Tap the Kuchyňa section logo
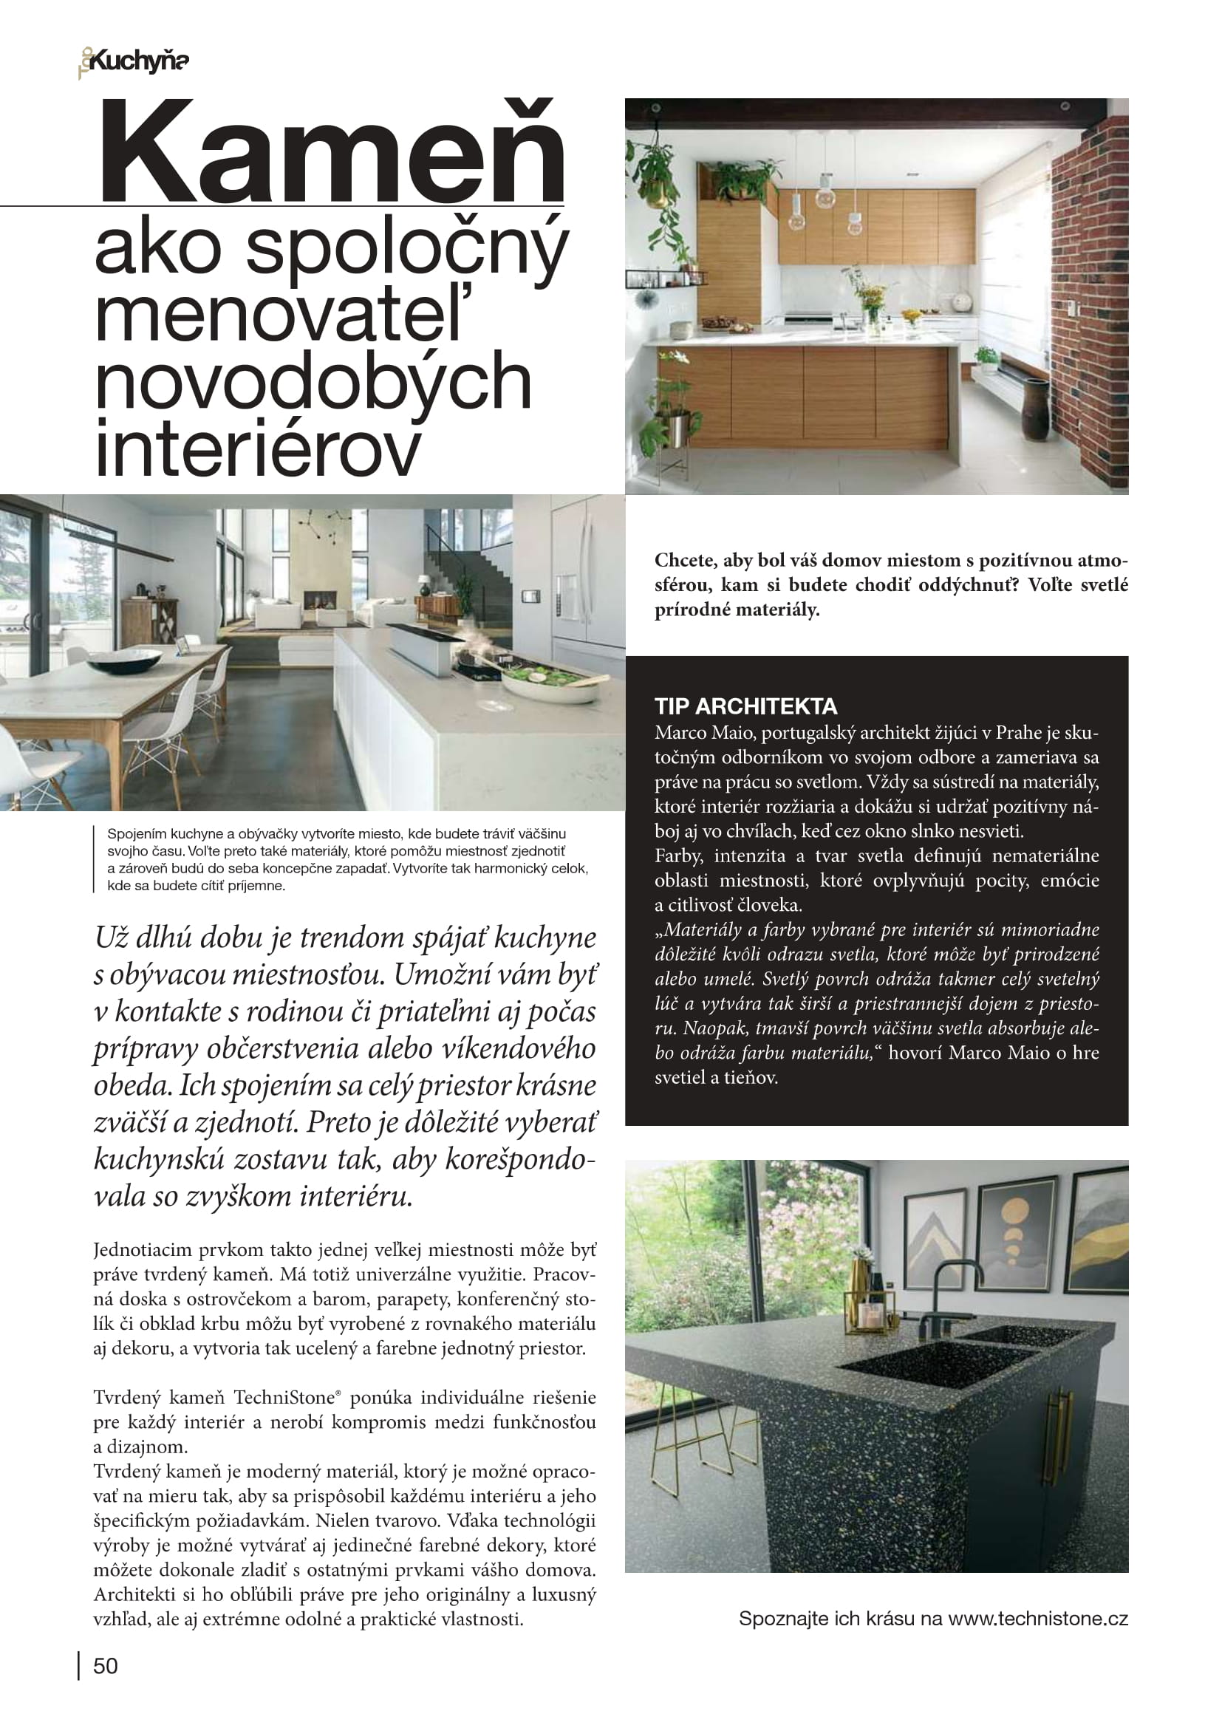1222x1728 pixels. [x=134, y=62]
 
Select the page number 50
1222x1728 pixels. [x=106, y=1665]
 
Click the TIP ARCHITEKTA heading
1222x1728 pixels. [x=745, y=706]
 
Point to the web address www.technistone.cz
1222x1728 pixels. [x=1037, y=1618]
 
